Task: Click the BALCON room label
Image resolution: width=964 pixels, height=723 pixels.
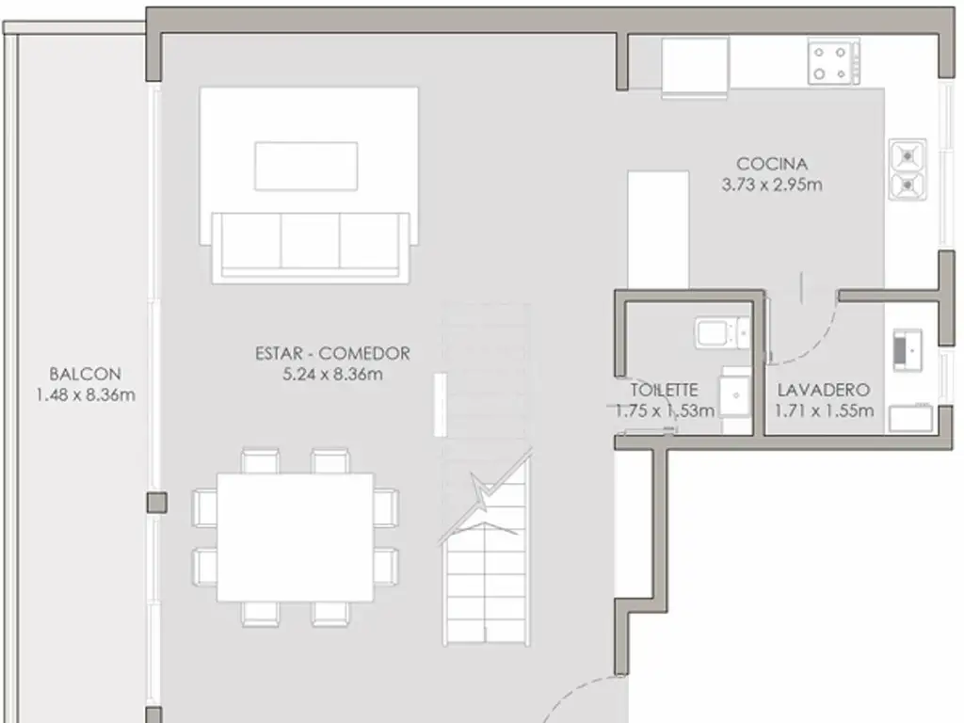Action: tap(85, 374)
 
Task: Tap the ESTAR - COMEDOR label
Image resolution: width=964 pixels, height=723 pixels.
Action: tap(332, 354)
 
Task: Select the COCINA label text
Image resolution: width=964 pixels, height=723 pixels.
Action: tap(772, 164)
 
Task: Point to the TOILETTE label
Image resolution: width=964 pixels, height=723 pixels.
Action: tap(664, 390)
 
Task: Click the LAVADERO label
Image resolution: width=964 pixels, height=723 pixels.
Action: tap(823, 390)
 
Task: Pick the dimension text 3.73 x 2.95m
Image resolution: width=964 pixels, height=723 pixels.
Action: tap(772, 185)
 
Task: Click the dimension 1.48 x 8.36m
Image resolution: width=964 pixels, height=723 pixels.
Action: tap(86, 394)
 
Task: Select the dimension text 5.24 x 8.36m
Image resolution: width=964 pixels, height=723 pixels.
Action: tap(332, 374)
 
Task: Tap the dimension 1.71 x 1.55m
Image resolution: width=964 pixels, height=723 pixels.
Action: tap(824, 410)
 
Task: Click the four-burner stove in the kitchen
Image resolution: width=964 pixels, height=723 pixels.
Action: tap(834, 61)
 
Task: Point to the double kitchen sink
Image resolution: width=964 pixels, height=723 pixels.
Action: tap(908, 169)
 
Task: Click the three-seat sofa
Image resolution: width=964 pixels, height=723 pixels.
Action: tap(311, 248)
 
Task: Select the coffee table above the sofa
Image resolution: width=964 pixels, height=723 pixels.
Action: tap(306, 166)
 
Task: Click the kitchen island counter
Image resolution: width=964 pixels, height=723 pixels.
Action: tap(658, 230)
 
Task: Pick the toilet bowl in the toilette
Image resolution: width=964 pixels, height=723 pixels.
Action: tap(722, 333)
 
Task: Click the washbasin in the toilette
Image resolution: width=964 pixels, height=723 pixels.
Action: tap(736, 395)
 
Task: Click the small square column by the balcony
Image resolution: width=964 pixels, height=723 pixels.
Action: tap(157, 503)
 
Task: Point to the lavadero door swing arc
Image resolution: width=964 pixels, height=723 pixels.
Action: tap(816, 345)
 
